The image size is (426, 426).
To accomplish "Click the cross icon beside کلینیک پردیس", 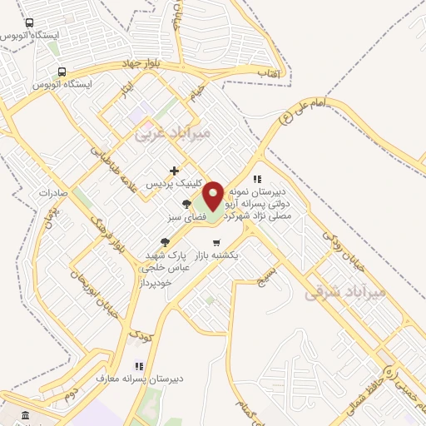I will point(173,171).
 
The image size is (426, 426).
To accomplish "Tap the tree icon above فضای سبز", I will point(186,204).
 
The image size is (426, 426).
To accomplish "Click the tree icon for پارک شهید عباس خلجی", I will point(165,242).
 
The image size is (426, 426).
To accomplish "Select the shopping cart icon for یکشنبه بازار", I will point(217,243).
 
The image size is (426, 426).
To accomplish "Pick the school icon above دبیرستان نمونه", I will point(258,179).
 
